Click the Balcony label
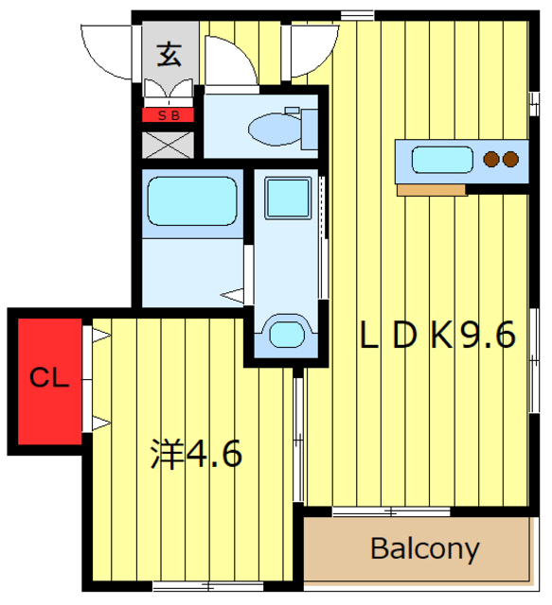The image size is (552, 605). (425, 548)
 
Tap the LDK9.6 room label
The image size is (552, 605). (437, 335)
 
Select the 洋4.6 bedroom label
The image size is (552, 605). (196, 454)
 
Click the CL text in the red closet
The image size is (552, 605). (49, 377)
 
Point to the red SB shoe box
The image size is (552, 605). (168, 115)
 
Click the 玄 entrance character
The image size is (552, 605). (169, 55)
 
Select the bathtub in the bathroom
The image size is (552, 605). (192, 201)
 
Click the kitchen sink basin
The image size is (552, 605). (442, 160)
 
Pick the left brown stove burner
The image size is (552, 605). (491, 160)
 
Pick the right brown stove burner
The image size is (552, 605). (510, 160)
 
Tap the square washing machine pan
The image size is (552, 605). (288, 198)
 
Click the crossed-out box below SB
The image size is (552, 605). (168, 145)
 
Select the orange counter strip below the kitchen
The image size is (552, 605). (432, 190)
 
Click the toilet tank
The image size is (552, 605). (310, 130)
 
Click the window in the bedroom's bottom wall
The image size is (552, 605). (208, 586)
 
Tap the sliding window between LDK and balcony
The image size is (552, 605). (391, 512)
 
